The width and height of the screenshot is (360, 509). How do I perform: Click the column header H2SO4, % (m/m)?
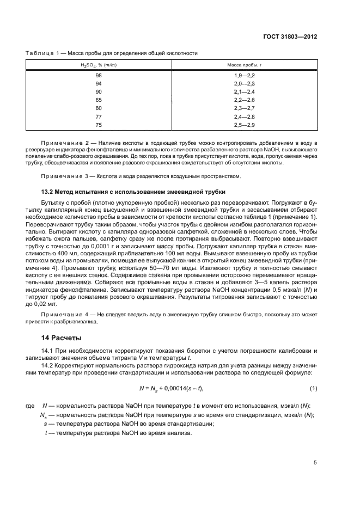[99, 65]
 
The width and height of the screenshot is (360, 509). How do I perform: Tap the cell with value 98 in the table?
[99, 75]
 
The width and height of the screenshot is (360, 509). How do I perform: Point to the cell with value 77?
[99, 116]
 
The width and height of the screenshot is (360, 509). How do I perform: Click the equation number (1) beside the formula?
[313, 388]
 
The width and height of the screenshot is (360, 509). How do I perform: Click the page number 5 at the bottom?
[315, 463]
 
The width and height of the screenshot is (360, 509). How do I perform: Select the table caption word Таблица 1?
[45, 53]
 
